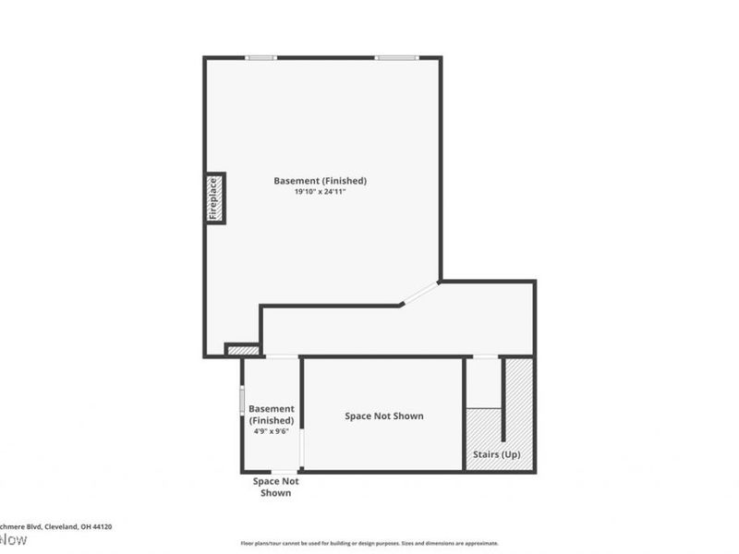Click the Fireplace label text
coord(213,198)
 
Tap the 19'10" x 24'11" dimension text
coord(320,192)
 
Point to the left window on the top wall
coord(261,58)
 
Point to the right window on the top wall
coord(396,58)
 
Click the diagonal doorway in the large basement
coord(419,293)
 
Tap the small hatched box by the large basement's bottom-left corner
coord(244,350)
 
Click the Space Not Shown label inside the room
coord(384,416)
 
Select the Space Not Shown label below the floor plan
coord(276,487)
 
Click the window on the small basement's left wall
coord(242,400)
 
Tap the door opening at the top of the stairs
coord(485,356)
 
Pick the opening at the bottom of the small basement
coord(284,472)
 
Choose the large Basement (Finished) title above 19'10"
coord(320,180)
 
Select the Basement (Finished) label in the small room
coord(272,415)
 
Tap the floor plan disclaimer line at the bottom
coord(369,543)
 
